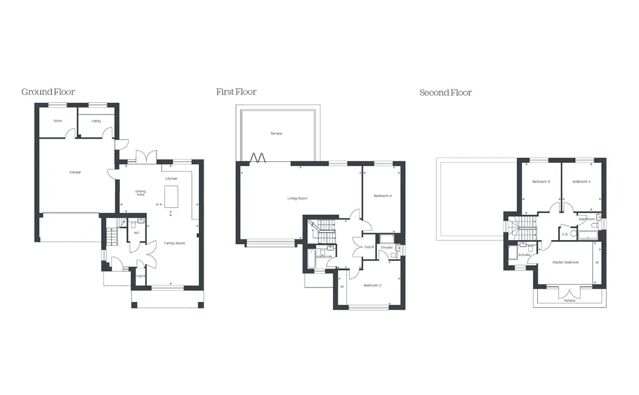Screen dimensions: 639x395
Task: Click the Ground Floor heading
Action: point(48,92)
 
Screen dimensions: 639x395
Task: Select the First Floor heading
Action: point(236,92)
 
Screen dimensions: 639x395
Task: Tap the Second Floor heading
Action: point(446,93)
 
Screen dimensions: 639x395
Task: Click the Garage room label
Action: point(75,172)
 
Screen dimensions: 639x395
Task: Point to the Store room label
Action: point(58,121)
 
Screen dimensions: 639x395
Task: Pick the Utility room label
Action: point(96,121)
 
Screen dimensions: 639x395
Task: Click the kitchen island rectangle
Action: point(171,197)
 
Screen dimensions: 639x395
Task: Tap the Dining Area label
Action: point(141,193)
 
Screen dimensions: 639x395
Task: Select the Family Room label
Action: point(174,243)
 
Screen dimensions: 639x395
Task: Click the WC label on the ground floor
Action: point(137,233)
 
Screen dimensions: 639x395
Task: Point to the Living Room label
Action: point(297,199)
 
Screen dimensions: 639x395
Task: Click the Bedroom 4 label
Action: point(382,196)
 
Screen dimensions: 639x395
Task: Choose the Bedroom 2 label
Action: point(372,285)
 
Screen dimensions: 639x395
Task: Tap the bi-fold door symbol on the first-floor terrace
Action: point(258,158)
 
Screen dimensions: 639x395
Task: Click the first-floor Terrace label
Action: point(276,134)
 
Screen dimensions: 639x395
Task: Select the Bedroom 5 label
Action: point(541,182)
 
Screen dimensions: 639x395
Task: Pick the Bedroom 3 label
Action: point(581,182)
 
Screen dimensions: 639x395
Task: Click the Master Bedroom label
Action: point(566,262)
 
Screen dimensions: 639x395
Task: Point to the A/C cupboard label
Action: point(565,234)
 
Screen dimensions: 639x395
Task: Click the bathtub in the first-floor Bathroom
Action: point(311,259)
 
